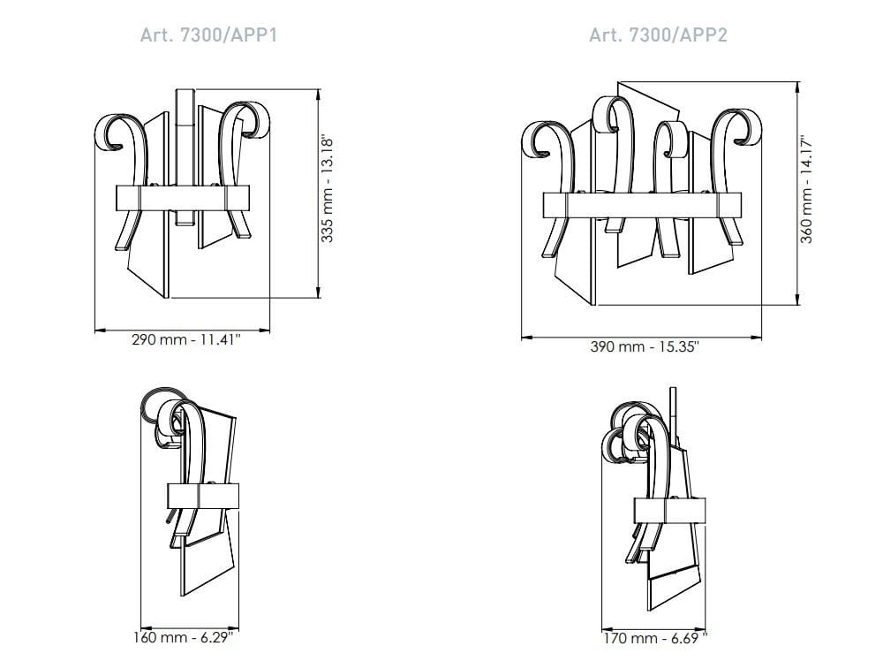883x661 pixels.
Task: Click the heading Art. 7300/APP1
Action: (x=208, y=35)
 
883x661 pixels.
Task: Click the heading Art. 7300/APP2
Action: (x=658, y=35)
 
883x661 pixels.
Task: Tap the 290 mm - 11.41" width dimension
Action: (x=185, y=340)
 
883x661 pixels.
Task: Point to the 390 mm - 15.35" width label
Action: (x=645, y=346)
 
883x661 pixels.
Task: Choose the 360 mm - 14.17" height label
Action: (x=806, y=189)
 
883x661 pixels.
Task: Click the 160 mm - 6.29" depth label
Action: (x=183, y=637)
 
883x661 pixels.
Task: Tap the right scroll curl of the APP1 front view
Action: (x=252, y=119)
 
